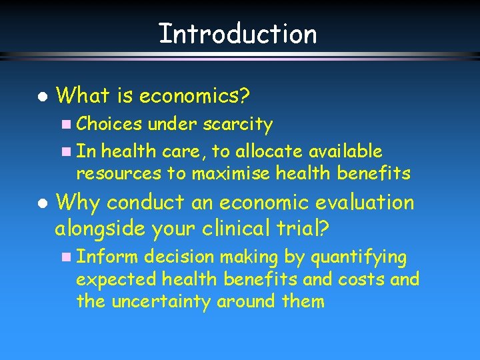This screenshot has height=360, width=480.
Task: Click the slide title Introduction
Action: [x=238, y=33]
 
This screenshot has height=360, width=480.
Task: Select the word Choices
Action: [x=109, y=124]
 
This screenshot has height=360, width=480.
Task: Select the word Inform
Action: [x=108, y=257]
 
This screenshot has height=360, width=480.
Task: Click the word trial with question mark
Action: [x=301, y=229]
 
